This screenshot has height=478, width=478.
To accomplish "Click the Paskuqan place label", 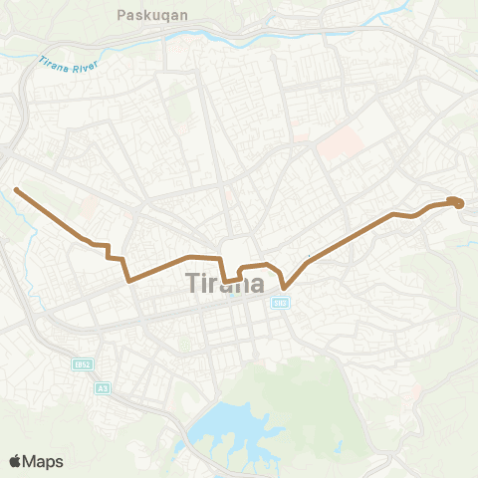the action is [x=147, y=16].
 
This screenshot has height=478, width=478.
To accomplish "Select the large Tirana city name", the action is [x=225, y=283].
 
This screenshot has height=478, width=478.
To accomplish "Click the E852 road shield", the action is [x=83, y=365].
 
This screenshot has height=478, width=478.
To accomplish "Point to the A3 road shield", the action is [x=103, y=389].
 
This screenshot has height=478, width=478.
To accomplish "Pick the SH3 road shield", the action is [x=281, y=303].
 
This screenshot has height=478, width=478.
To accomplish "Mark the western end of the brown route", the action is [x=16, y=188].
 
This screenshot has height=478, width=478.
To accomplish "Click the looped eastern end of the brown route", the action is [x=456, y=202].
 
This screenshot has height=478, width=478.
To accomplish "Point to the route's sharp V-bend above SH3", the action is [x=285, y=287].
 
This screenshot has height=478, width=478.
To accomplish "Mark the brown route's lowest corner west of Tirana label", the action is [x=130, y=281].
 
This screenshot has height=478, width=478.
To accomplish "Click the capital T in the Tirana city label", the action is [x=193, y=283].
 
